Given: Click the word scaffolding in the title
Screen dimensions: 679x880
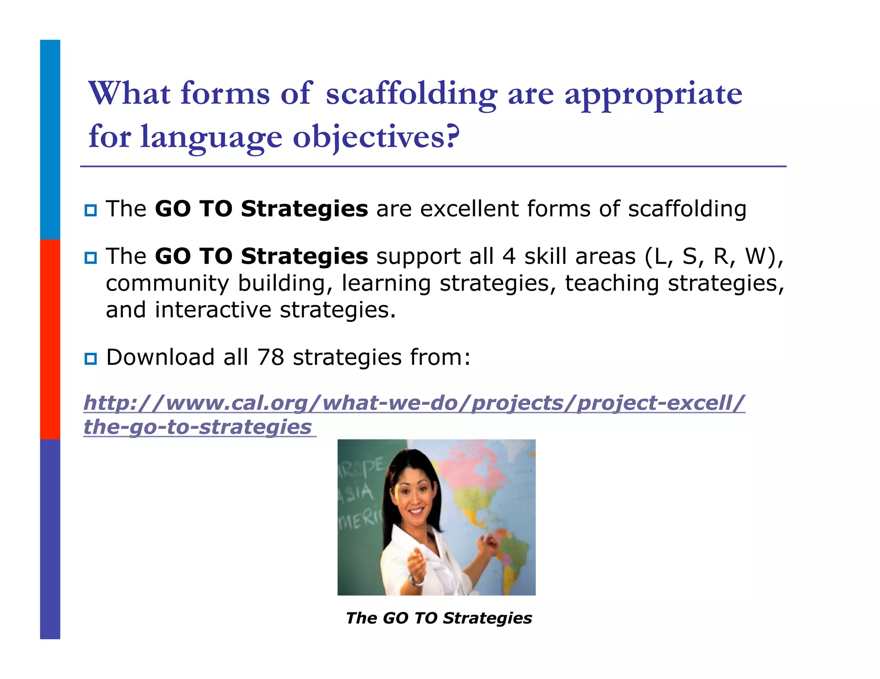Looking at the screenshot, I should point(411,94).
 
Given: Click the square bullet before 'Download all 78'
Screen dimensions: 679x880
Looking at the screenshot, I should point(91,358).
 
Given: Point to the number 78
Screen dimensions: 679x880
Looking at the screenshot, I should point(270,357).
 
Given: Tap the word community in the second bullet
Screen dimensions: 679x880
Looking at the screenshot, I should point(168,283).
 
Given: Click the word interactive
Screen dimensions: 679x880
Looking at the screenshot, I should point(213,310).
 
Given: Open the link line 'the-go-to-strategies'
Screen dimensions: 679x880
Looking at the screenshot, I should point(198,427).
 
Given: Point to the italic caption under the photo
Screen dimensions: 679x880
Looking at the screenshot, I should point(439,618).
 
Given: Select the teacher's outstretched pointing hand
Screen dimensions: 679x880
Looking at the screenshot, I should point(416,562).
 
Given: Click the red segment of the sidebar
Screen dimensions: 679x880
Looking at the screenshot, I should point(50,339).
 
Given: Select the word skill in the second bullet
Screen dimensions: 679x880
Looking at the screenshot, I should point(545,256).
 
